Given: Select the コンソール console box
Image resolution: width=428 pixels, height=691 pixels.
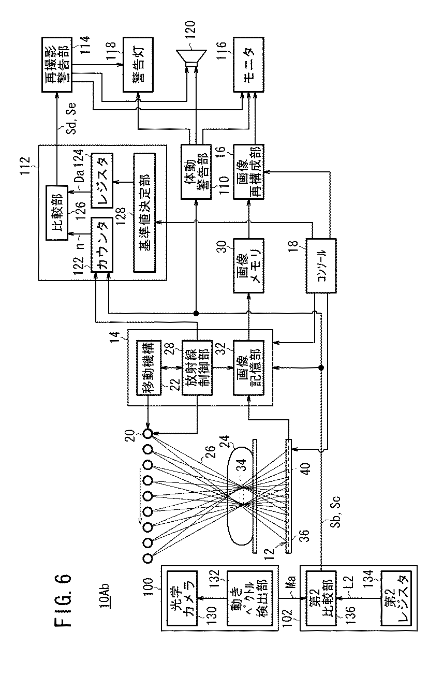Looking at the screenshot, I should (321, 263).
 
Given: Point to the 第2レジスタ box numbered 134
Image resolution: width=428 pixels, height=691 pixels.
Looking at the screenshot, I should (396, 597).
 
